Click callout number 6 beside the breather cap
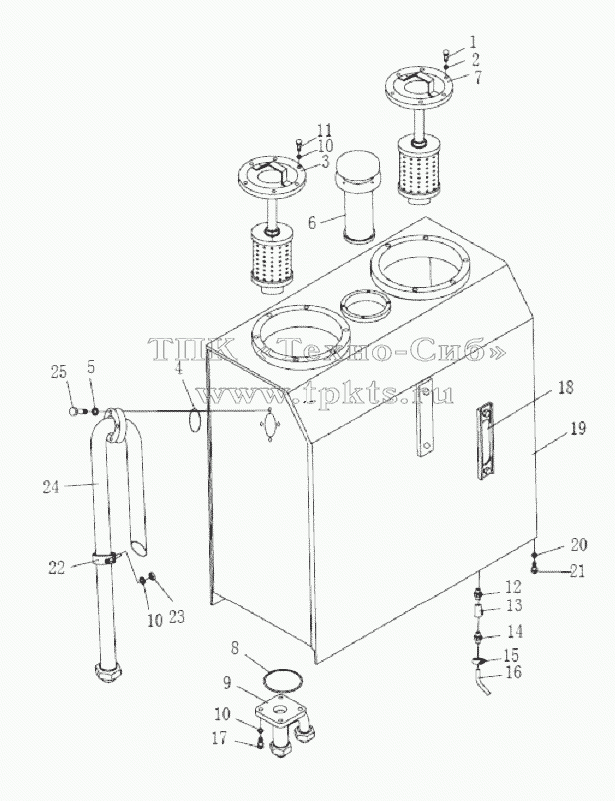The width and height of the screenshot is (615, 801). click(312, 222)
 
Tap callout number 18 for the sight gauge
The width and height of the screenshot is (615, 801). click(565, 387)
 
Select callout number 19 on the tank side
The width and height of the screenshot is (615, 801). click(578, 428)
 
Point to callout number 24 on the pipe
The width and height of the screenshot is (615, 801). click(51, 487)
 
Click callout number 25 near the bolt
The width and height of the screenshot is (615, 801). click(59, 372)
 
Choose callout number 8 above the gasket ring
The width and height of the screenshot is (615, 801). click(235, 648)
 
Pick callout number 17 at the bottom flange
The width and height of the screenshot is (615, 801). click(219, 738)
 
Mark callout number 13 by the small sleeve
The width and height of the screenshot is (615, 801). click(514, 605)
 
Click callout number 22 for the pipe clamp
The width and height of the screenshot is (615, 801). click(57, 567)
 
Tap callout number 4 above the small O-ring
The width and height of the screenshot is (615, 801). click(179, 368)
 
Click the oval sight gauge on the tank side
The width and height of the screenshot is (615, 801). click(486, 440)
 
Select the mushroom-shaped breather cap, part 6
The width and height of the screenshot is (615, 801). click(357, 197)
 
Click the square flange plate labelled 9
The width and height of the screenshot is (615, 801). click(281, 710)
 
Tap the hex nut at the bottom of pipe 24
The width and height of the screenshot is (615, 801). click(109, 673)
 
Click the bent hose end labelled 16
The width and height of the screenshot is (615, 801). click(482, 683)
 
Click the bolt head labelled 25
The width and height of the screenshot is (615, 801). click(75, 411)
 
